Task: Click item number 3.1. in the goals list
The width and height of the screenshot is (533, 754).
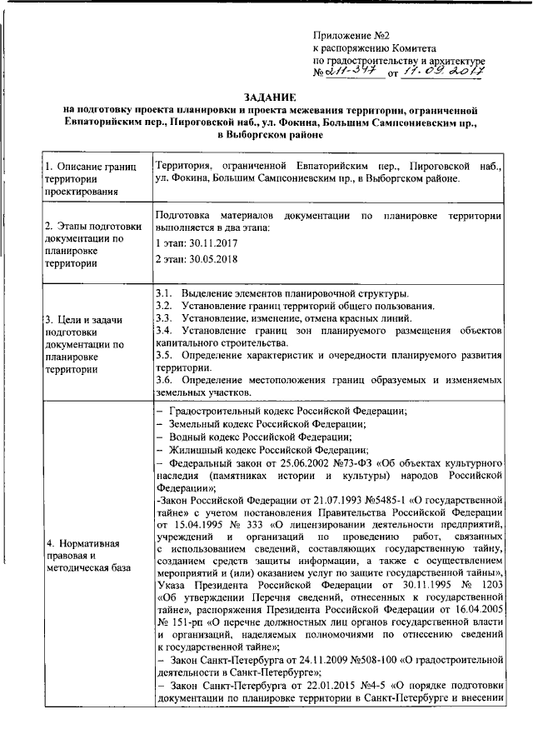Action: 163,294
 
